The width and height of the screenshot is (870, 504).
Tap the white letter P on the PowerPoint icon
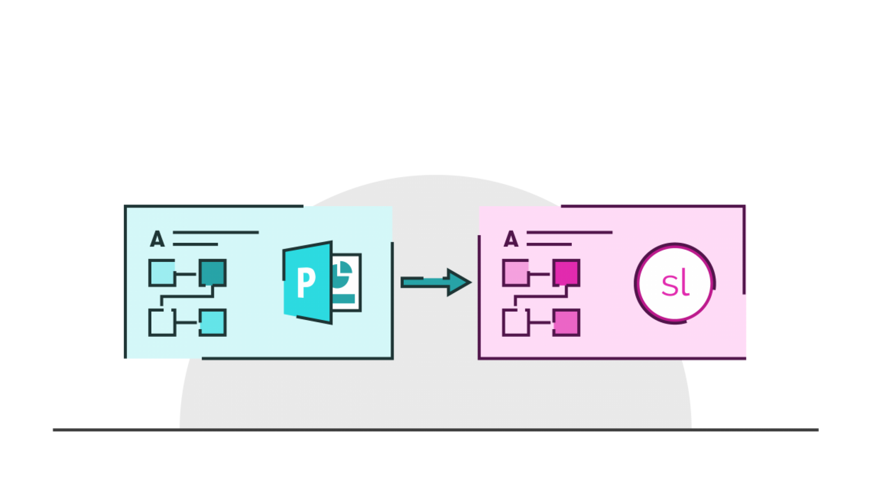point(306,282)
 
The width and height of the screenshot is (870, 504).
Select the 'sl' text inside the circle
point(675,284)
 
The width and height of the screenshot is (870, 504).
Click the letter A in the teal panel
point(157,239)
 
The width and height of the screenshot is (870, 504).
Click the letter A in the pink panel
point(511,239)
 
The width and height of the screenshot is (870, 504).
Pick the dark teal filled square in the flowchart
point(213,272)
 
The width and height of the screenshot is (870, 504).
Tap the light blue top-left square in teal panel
point(162,273)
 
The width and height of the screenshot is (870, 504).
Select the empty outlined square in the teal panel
point(162,322)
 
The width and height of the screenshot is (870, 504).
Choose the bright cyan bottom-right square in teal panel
point(213,322)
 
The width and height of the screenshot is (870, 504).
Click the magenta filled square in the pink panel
point(566,272)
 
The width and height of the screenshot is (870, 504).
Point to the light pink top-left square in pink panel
point(516,273)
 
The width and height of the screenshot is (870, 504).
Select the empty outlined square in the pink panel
point(516,322)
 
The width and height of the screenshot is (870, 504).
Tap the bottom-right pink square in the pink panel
point(566,322)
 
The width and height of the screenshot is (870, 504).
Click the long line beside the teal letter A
point(216,233)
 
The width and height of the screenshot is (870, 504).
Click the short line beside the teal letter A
point(195,244)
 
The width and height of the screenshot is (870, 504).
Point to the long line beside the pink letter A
point(569,233)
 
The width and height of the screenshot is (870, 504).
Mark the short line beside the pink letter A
point(549,244)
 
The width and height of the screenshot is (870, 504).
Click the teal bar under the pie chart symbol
point(343,299)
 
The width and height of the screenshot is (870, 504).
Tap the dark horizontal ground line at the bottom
point(435,429)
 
